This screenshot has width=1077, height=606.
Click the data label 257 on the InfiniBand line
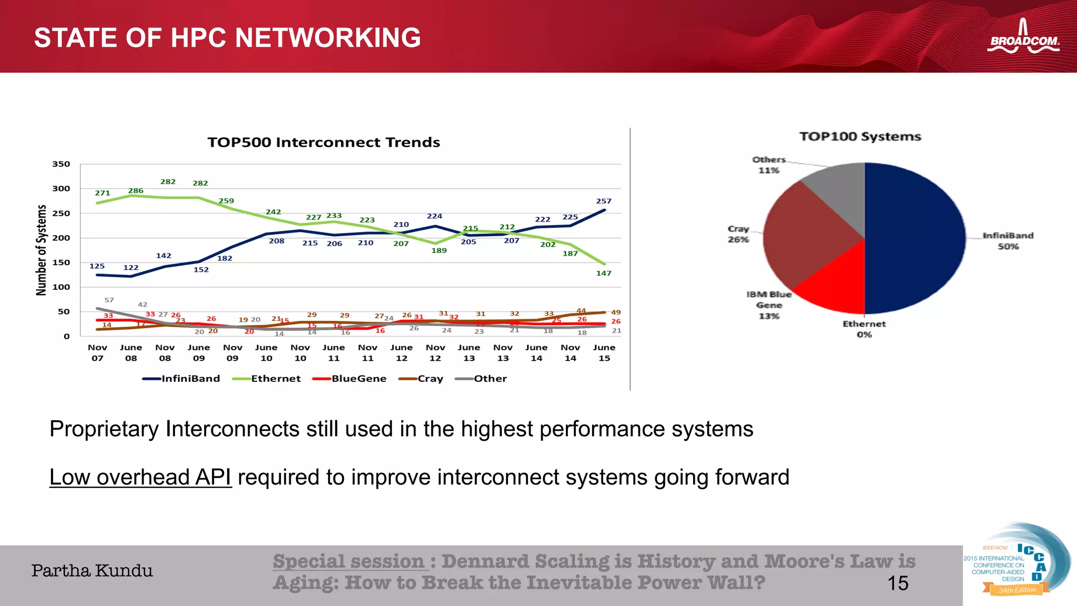tap(604, 201)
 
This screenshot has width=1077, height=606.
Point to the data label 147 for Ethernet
tap(604, 273)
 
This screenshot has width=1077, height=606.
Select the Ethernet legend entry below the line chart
tap(267, 379)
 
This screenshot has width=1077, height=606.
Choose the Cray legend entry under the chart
tap(421, 379)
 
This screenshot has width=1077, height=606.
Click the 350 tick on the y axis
tap(61, 164)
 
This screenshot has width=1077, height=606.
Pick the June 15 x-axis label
tap(604, 353)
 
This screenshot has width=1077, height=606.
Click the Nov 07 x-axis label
tap(97, 353)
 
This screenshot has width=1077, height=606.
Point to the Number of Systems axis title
tap(41, 250)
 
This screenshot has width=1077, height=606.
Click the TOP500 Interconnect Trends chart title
tap(323, 143)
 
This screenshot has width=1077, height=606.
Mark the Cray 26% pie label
tap(738, 234)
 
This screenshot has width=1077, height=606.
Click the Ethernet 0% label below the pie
tap(864, 329)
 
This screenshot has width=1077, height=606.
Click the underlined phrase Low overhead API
tap(140, 477)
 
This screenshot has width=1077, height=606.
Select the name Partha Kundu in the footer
tap(92, 571)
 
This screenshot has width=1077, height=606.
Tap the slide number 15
tap(898, 583)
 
